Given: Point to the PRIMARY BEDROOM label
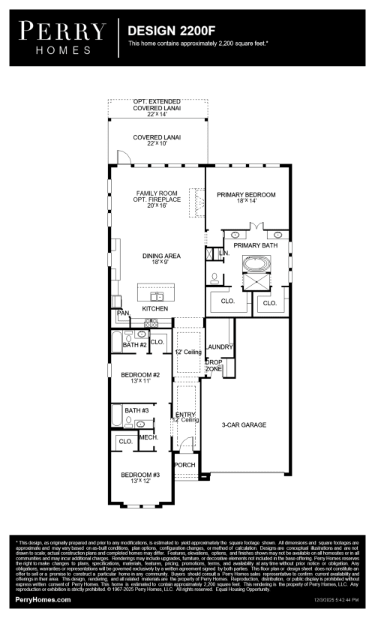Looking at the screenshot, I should point(246,195).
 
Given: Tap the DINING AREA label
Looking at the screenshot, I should point(156,256).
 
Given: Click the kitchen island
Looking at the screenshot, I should point(155,292).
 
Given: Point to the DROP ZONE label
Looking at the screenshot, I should point(214,366).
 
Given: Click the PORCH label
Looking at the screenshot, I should point(184,465).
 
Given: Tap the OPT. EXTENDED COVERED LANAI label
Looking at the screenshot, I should point(157,104).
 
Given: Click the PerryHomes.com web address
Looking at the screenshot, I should point(43,600).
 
